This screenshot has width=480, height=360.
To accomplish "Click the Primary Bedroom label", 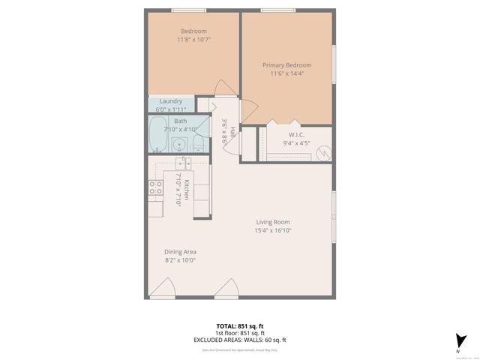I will (286, 65).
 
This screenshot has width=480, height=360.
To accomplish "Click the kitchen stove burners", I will (156, 187).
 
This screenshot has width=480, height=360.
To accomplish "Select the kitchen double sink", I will (184, 163).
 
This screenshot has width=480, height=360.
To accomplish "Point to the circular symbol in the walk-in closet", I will (323, 151).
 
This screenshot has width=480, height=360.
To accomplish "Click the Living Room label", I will (273, 222).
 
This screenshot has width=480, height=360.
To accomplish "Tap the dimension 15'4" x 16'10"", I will (273, 231).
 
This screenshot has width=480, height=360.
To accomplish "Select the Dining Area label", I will (180, 252).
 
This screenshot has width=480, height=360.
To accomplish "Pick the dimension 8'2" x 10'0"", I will (180, 261).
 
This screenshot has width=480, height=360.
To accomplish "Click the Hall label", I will (232, 132).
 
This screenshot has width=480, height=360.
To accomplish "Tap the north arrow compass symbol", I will (458, 342).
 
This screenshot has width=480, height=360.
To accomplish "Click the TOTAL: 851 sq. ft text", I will (239, 326).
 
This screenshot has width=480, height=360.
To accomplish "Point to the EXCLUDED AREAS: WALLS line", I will (239, 340).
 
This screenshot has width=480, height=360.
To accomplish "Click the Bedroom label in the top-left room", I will (193, 31).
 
